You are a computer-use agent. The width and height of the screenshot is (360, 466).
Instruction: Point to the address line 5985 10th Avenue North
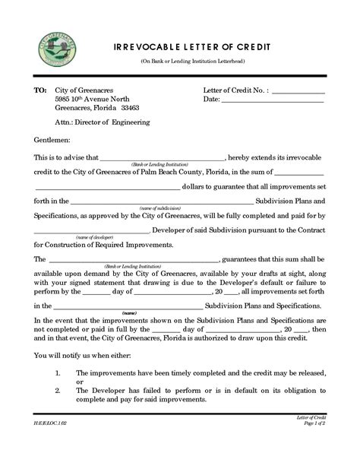pos(91,99)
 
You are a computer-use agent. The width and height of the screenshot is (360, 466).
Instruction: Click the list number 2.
pos(59,390)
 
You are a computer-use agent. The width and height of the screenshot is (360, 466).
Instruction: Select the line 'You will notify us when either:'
pos(83,356)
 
